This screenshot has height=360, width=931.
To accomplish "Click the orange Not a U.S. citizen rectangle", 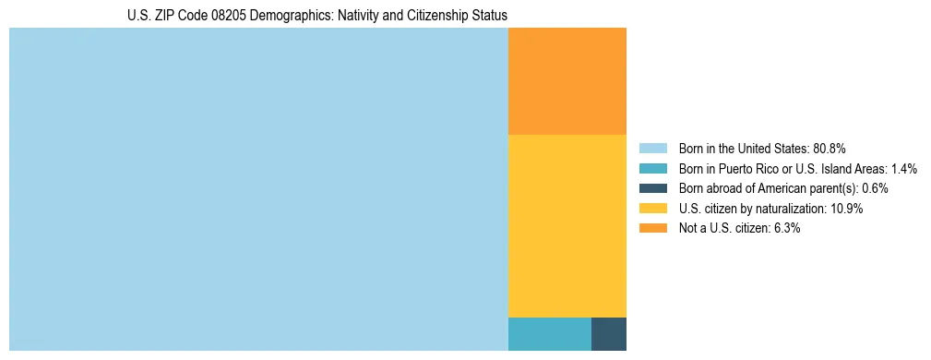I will [567, 81].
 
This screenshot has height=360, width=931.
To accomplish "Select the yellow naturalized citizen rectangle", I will [567, 225].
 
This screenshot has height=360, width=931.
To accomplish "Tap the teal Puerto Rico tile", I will [549, 333].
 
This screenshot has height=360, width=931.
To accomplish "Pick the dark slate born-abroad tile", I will [608, 333].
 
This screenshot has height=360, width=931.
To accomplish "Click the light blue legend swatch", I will [652, 149].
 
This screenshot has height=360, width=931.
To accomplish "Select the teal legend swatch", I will [652, 169].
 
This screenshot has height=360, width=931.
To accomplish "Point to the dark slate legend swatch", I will [652, 188].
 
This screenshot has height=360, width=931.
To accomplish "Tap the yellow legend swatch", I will [652, 209].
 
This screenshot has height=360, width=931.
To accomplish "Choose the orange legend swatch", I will [652, 228].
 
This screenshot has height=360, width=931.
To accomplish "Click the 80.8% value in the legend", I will [830, 149].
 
